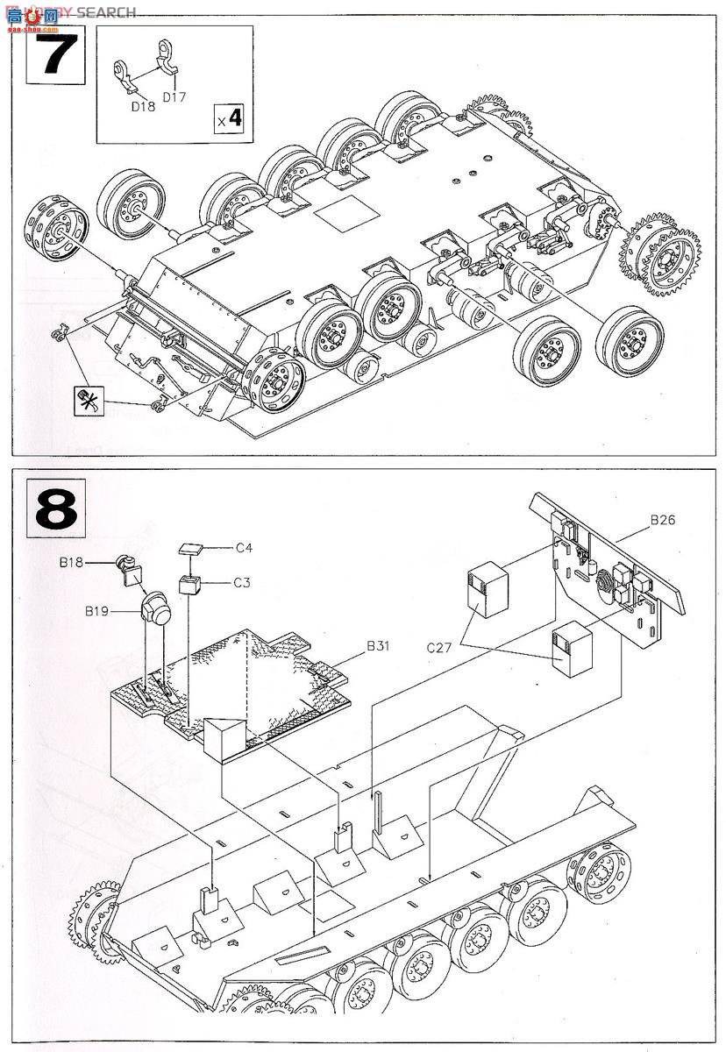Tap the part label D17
click(174, 96)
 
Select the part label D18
click(142, 106)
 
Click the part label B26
click(664, 520)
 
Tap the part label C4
click(244, 549)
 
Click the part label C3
click(244, 582)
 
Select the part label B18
click(96, 563)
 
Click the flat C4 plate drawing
click(190, 549)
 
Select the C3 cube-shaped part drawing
click(191, 584)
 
